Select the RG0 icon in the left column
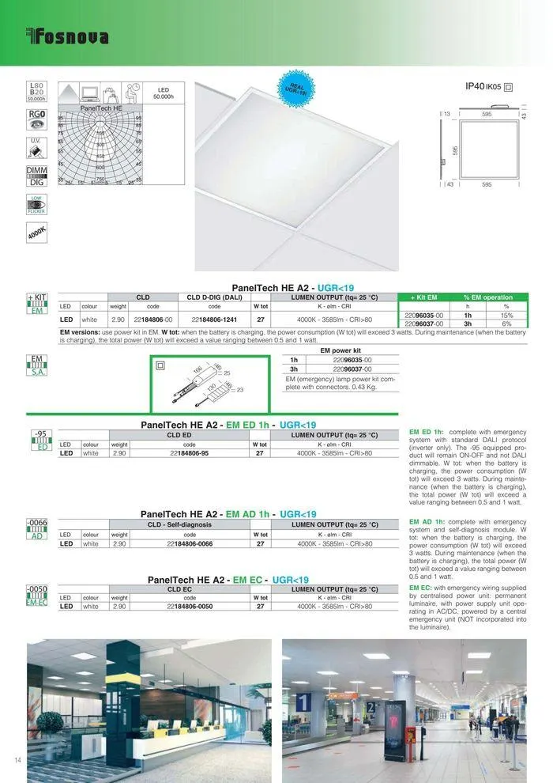[36, 115]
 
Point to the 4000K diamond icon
[36, 233]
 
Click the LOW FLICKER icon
[36, 204]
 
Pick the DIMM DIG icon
[36, 176]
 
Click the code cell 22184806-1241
[214, 320]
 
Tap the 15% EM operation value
[506, 315]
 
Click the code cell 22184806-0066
[190, 543]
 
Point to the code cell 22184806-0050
[190, 606]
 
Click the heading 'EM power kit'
[340, 350]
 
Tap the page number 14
[17, 760]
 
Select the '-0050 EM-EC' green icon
[37, 596]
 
